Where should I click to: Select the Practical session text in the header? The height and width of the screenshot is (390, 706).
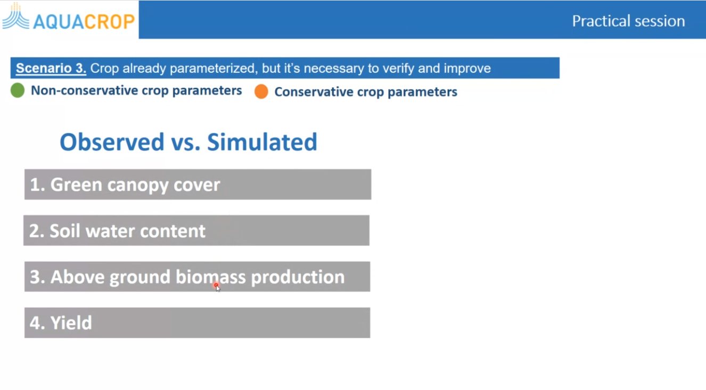(628, 21)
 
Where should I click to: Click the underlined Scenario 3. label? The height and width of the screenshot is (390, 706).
(51, 68)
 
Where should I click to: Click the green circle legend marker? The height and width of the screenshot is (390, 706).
(18, 90)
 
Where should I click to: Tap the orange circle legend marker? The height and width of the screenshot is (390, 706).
(261, 92)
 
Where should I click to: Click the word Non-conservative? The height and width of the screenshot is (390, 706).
(85, 90)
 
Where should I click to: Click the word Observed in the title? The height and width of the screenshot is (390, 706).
(112, 142)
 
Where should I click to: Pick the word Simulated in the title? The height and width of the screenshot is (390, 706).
(262, 142)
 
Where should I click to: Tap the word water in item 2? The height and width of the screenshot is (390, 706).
(110, 231)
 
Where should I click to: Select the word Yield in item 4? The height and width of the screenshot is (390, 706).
(71, 323)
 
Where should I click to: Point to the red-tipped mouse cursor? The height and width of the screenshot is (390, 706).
(217, 287)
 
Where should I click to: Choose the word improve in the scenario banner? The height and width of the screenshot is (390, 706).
(467, 68)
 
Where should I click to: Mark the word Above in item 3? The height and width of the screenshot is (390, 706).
(78, 277)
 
